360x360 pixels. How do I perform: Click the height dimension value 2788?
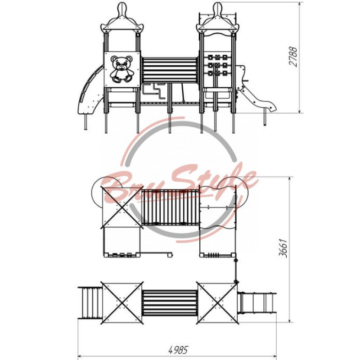(x=293, y=57)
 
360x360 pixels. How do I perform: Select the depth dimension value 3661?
(x=283, y=248)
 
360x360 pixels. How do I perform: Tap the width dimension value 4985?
(x=178, y=350)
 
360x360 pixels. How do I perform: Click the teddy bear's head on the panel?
(x=121, y=62)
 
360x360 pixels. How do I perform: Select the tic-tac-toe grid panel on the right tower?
(x=217, y=65)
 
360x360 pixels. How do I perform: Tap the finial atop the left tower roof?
(x=122, y=9)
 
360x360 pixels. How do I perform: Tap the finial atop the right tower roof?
(x=217, y=9)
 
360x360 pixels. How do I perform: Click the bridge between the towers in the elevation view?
(x=170, y=70)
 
